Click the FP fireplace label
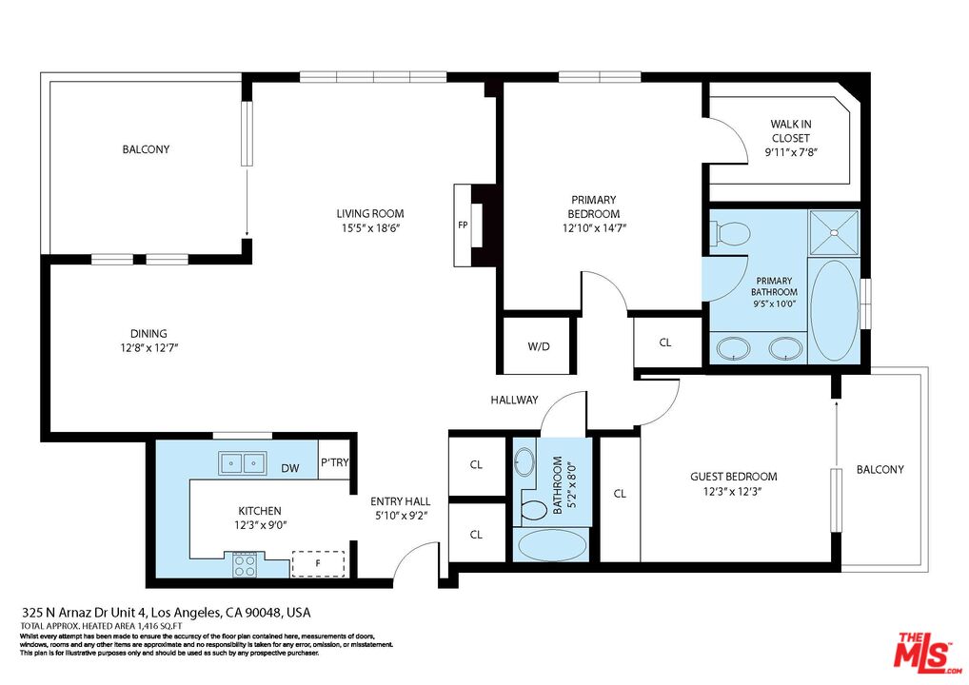click(463, 225)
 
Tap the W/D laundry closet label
click(538, 346)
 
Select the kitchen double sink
click(242, 463)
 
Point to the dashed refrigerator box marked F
click(318, 563)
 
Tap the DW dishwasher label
click(289, 468)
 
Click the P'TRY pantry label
click(334, 462)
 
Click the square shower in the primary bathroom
click(834, 232)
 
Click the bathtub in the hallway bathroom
click(551, 545)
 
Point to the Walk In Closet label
click(790, 131)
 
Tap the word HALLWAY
click(514, 400)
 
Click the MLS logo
click(927, 653)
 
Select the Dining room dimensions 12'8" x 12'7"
click(149, 348)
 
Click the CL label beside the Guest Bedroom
click(620, 494)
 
